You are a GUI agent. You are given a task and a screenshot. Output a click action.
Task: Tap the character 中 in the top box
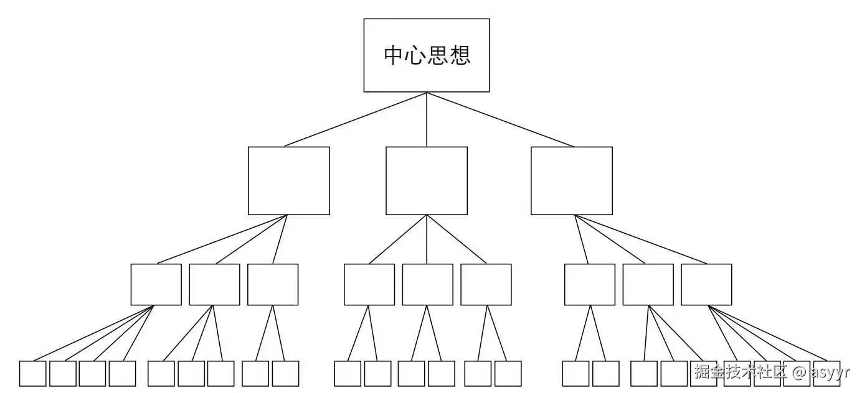pos(394,55)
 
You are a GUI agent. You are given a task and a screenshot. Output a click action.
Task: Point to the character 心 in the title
pos(415,55)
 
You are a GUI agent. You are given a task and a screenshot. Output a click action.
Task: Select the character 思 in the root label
pos(438,55)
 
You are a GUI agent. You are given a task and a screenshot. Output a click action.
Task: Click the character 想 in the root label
pos(460,55)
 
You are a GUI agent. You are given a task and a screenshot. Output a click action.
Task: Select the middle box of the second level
pos(427,180)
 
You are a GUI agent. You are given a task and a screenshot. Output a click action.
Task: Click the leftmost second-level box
pos(288,180)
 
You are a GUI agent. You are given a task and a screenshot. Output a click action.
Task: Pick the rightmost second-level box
pos(571,180)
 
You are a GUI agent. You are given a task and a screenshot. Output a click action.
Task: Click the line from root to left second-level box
pos(356,119)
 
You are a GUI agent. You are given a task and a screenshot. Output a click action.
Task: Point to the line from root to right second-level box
pos(500,119)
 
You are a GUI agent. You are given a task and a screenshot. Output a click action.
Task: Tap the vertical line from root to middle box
pos(427,119)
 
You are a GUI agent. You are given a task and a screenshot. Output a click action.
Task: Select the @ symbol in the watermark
pos(800,372)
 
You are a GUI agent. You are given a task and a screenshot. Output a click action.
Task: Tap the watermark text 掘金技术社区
pos(741,372)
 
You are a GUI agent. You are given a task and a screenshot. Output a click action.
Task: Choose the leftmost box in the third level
pos(156,284)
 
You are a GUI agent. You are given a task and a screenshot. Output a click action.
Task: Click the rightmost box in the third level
pos(706,284)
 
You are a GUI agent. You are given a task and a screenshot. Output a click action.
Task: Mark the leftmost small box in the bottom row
pos(32,373)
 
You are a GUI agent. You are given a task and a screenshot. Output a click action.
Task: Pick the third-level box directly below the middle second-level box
pos(427,284)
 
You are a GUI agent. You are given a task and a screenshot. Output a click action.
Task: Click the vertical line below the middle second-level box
pos(427,239)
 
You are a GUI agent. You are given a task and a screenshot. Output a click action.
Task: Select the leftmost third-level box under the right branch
pos(589,284)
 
